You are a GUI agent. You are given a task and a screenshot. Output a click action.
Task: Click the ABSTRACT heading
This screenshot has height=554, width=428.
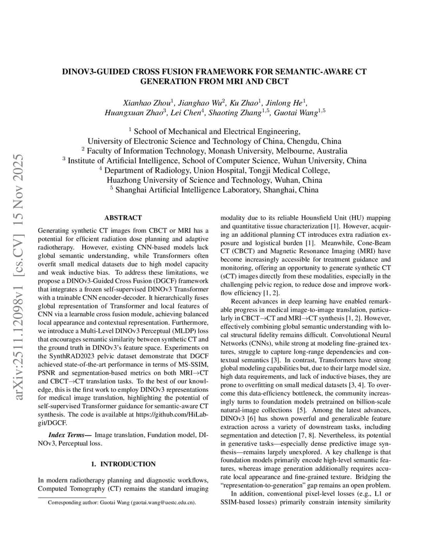[123, 218]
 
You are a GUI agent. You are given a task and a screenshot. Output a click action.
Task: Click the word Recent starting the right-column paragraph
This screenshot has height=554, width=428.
[242, 301]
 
